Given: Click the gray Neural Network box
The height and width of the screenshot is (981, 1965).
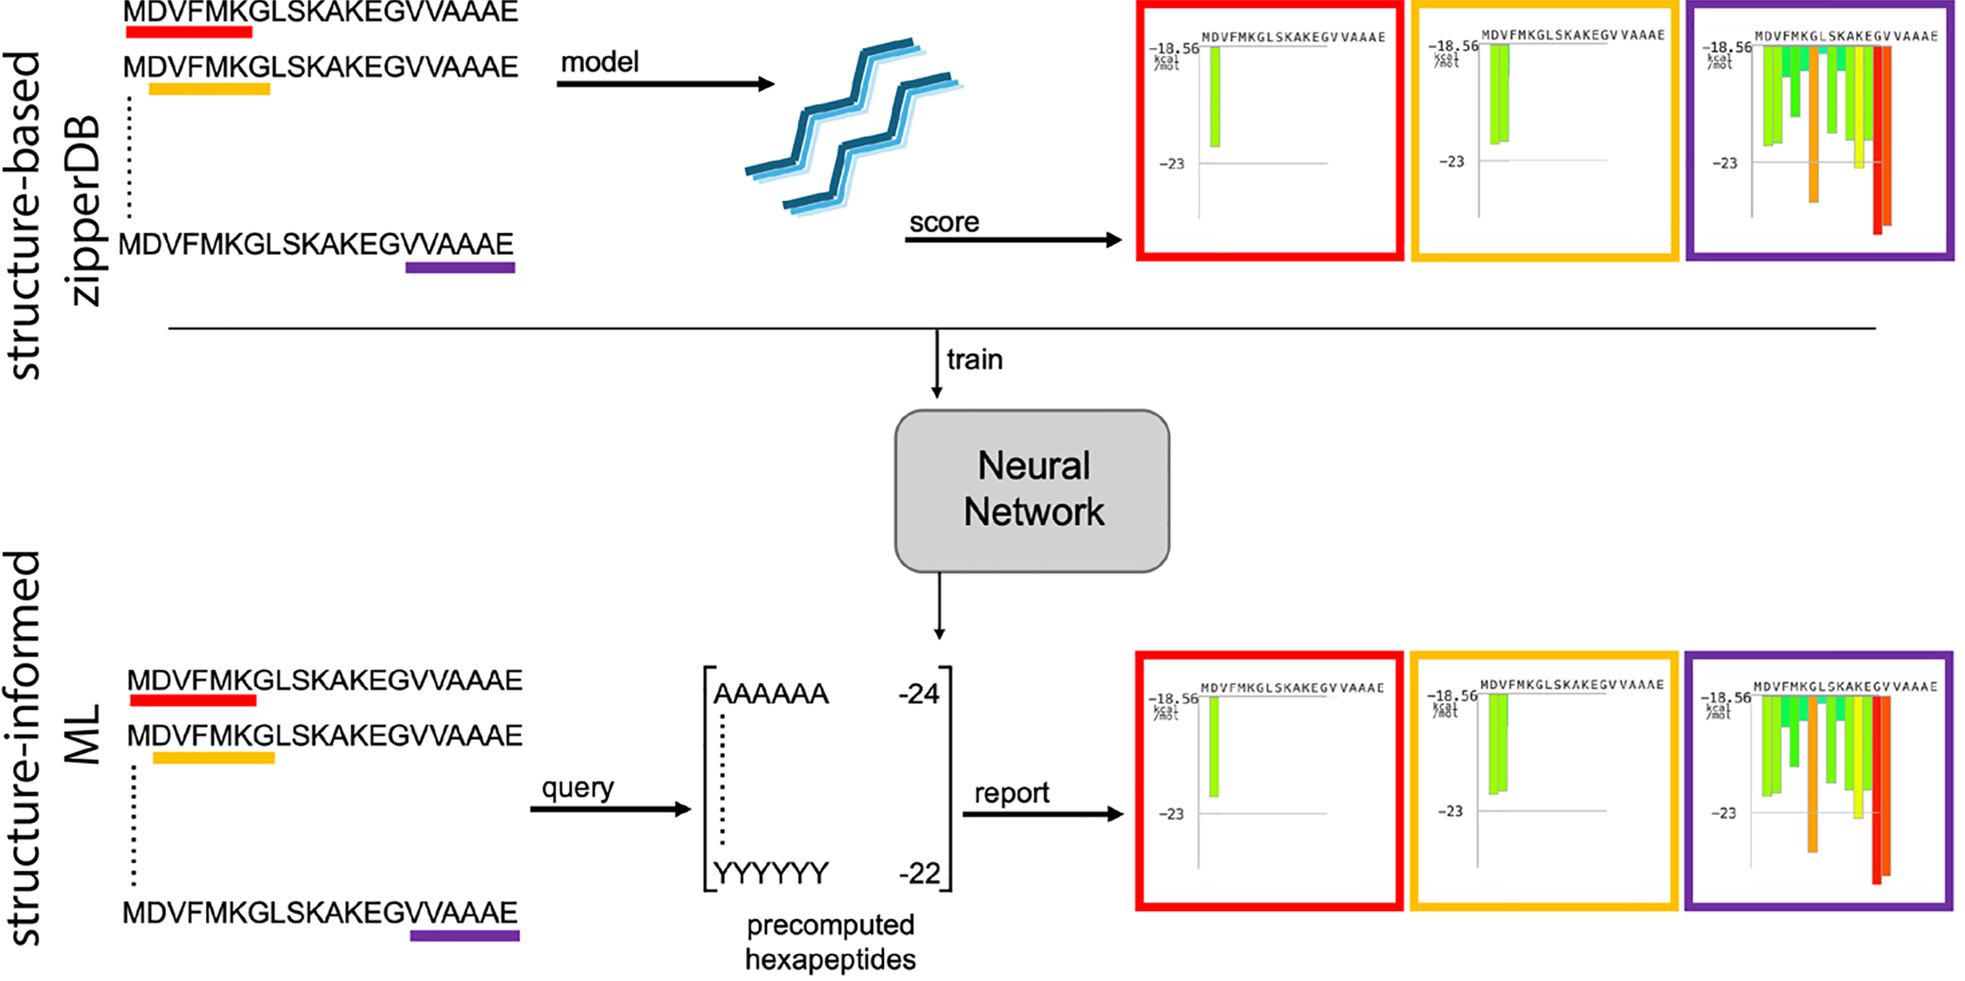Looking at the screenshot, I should [1031, 490].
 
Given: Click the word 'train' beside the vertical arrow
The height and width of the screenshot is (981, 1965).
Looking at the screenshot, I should [975, 360].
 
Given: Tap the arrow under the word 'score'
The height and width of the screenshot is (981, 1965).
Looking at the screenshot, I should [1013, 239].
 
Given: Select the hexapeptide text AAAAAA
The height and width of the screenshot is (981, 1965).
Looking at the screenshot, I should [770, 694].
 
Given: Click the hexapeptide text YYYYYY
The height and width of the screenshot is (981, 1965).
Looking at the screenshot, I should [770, 873].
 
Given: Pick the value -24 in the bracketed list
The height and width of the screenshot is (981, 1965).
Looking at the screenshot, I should [919, 694].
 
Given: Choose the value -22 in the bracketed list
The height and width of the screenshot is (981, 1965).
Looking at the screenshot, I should [919, 873].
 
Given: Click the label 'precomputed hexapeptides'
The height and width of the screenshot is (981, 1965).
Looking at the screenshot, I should [830, 943].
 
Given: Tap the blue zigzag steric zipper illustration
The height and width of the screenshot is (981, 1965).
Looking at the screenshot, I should [852, 127].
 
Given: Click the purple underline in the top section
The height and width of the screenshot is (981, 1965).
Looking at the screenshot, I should [460, 268].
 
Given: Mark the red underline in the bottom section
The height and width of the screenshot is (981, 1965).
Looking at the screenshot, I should [193, 701].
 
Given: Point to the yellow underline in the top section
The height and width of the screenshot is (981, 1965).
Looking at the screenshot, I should [210, 89].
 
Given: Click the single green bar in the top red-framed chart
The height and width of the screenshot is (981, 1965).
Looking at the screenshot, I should [1215, 96].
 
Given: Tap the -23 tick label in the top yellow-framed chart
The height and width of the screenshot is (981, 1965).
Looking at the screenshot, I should [1451, 162].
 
